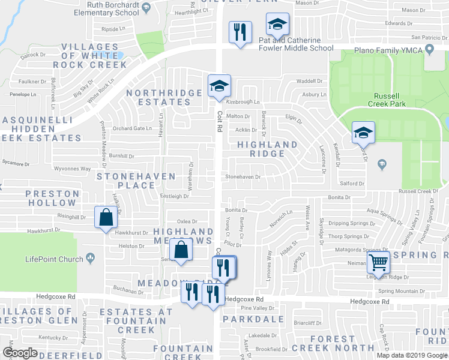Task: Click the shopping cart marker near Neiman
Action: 378,262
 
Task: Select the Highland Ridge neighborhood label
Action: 267,149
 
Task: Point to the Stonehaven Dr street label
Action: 243,177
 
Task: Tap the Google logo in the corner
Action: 20,353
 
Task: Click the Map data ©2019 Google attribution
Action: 411,355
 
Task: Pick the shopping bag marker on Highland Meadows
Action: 181,250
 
